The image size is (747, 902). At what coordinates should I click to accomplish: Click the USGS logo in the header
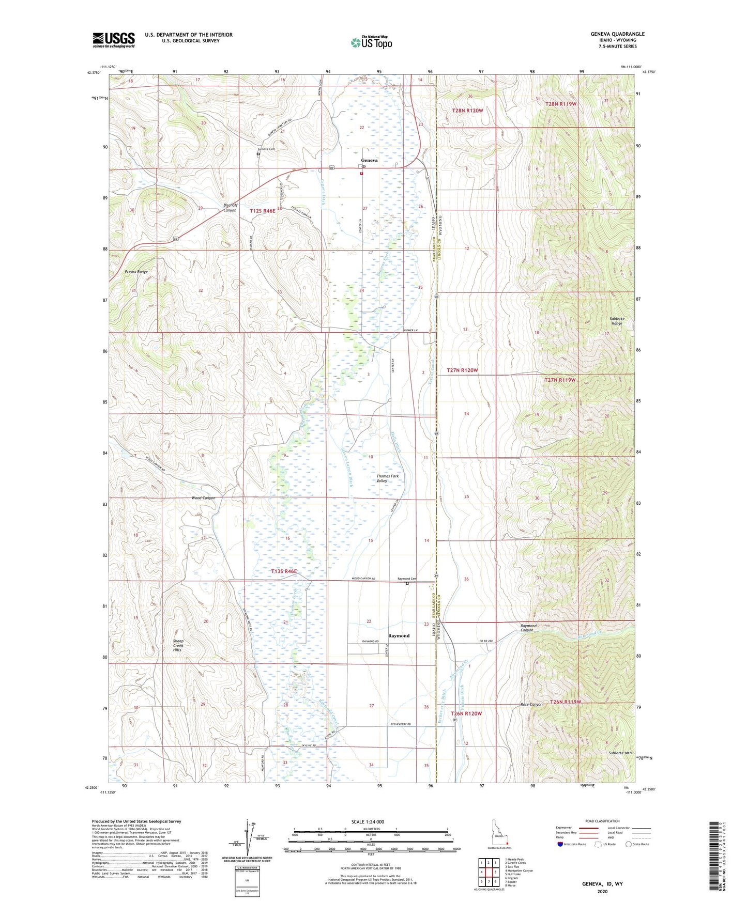tap(114, 40)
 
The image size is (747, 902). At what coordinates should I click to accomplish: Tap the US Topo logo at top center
tap(371, 42)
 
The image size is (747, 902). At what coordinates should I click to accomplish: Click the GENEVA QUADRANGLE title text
tap(617, 34)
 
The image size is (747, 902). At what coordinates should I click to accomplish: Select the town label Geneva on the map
tap(369, 160)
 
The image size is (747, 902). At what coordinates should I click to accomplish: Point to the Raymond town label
tap(399, 636)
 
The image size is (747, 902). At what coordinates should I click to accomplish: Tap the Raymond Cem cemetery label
tap(407, 579)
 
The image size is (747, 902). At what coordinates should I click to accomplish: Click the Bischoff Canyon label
tap(230, 208)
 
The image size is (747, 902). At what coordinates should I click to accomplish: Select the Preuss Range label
tap(136, 272)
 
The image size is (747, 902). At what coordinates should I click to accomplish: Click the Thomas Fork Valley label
tap(387, 478)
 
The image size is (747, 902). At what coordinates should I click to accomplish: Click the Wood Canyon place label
tap(203, 498)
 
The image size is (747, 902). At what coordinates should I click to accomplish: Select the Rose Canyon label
tap(531, 705)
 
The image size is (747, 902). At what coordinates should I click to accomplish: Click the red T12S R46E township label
tap(263, 211)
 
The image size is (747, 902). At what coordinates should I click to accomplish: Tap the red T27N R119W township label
tap(560, 380)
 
